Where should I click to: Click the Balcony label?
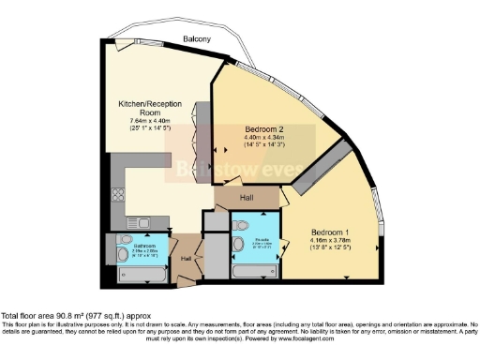point(196,38)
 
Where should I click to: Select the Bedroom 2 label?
point(263,129)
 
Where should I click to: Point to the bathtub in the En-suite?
point(254,269)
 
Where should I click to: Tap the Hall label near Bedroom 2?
point(247,198)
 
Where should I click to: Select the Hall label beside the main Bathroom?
point(186,258)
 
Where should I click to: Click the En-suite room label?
point(259,239)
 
